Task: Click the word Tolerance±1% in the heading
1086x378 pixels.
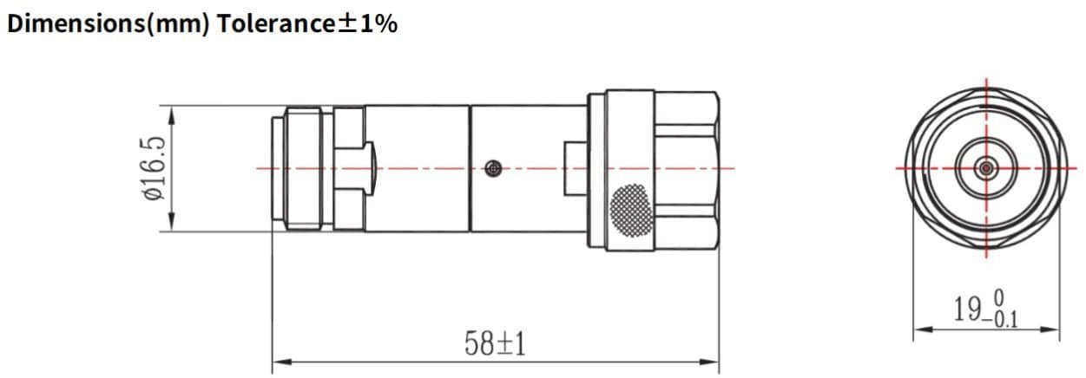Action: click(307, 23)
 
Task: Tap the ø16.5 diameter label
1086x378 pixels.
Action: click(153, 168)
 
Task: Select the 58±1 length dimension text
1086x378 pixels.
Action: click(496, 344)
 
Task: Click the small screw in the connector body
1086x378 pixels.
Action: click(493, 168)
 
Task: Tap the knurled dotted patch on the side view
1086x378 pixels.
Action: click(630, 208)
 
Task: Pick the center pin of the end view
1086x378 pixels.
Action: click(986, 167)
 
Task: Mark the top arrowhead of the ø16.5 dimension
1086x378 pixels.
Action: click(171, 112)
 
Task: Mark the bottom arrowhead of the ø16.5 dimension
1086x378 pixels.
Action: click(171, 225)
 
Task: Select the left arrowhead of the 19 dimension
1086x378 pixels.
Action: click(920, 329)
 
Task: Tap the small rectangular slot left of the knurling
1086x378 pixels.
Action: click(576, 168)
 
